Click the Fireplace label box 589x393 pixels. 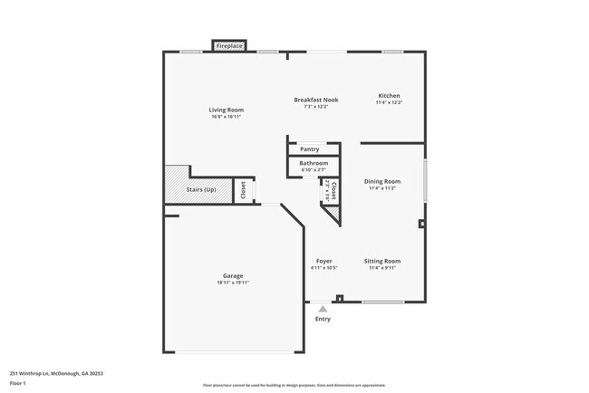(228, 45)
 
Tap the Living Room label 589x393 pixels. (227, 110)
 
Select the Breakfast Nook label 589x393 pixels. (317, 99)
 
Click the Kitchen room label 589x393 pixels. (389, 96)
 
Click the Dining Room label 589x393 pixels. (382, 181)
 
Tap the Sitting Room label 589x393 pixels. (382, 261)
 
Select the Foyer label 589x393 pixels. (323, 261)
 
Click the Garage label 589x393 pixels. (233, 275)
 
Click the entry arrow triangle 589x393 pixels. (323, 309)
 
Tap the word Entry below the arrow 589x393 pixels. (323, 319)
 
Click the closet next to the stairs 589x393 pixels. (243, 190)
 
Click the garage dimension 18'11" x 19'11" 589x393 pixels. (233, 283)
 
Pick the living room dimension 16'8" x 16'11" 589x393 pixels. (227, 117)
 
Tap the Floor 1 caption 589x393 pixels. (19, 383)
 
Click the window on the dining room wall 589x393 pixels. (424, 175)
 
